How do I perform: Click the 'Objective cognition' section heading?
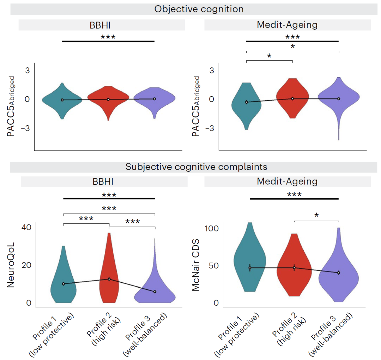199,9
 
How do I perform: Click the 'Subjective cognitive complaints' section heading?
196,167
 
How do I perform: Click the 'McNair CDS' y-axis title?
196,265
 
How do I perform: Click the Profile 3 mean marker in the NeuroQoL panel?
155,292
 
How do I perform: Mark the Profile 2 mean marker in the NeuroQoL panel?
109,279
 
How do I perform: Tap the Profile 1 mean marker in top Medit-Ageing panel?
247,102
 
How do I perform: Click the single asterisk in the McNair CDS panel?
316,215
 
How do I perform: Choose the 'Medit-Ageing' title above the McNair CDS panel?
287,181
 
